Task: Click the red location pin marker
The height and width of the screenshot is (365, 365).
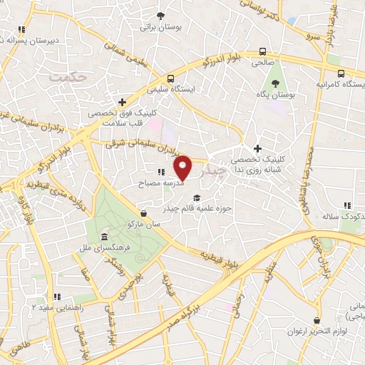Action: (x=183, y=168)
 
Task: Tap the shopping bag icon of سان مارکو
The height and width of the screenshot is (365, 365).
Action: (x=145, y=212)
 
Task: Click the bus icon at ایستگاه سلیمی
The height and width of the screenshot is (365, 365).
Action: (x=170, y=79)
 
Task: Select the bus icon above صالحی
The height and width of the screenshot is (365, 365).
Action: (x=263, y=51)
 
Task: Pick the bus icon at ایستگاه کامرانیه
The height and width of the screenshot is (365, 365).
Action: (x=341, y=73)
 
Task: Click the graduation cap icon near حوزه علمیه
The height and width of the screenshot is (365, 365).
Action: (x=197, y=198)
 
